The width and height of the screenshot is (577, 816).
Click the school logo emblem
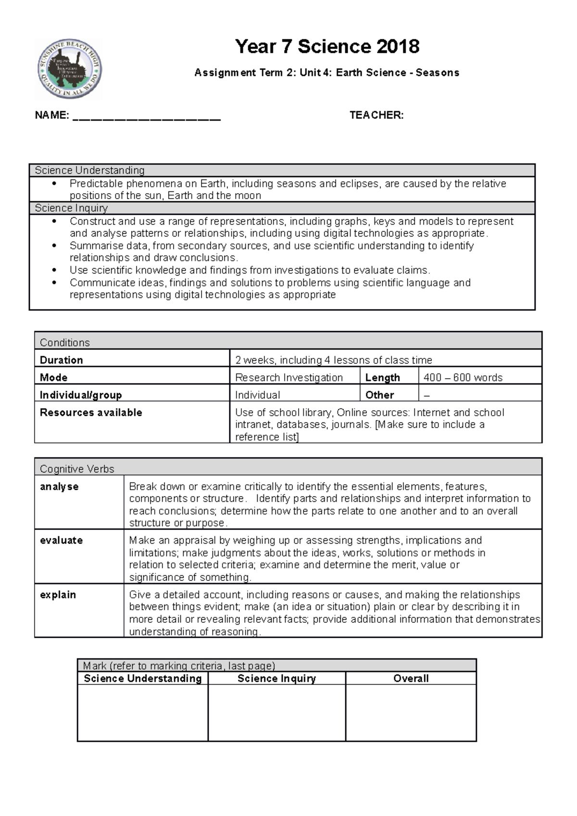[70, 69]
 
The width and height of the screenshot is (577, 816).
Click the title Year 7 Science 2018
[327, 47]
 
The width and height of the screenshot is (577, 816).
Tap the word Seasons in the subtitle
[437, 73]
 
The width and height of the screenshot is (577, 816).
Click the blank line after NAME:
[147, 117]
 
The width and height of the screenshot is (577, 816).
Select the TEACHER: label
[376, 115]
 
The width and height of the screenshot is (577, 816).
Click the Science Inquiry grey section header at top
[71, 208]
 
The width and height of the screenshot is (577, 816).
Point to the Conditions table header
[64, 342]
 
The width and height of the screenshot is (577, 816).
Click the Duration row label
[61, 360]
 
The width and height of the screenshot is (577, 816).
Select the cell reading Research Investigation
[288, 378]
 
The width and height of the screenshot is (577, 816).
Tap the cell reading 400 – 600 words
[463, 378]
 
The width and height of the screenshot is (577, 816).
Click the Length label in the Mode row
[382, 378]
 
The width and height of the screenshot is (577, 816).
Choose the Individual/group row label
[80, 395]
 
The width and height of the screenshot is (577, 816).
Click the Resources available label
[91, 412]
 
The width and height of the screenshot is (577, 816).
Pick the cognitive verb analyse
[59, 486]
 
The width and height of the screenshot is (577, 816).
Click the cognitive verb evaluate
[61, 540]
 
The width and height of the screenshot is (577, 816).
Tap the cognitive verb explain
[58, 594]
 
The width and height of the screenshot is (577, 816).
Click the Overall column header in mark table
[411, 679]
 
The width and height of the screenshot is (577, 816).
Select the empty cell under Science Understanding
[142, 712]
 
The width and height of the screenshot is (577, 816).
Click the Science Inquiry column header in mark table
[276, 679]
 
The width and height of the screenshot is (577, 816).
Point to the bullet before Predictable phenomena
[54, 184]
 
